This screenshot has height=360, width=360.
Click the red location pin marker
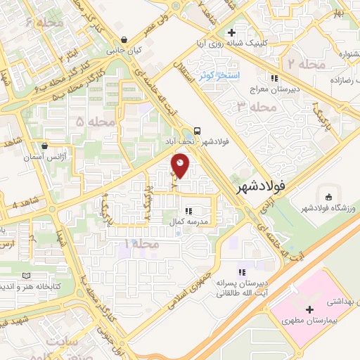[181, 165]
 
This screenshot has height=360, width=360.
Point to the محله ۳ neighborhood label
[253, 107]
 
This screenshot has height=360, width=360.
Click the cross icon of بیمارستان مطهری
[309, 309]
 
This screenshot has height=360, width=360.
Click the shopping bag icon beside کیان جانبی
[124, 39]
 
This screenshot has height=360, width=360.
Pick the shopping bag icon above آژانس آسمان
[45, 146]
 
